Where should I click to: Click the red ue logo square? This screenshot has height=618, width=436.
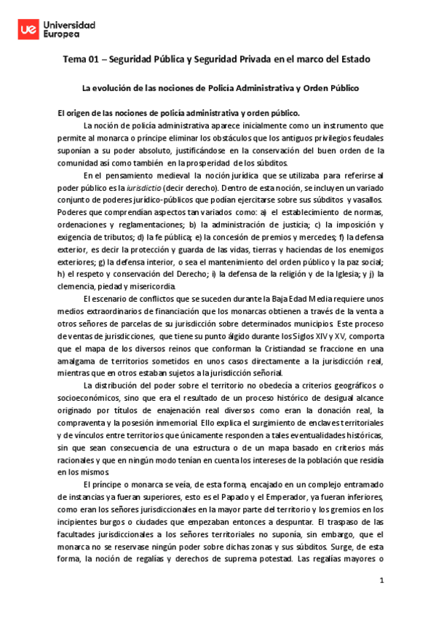28,28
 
